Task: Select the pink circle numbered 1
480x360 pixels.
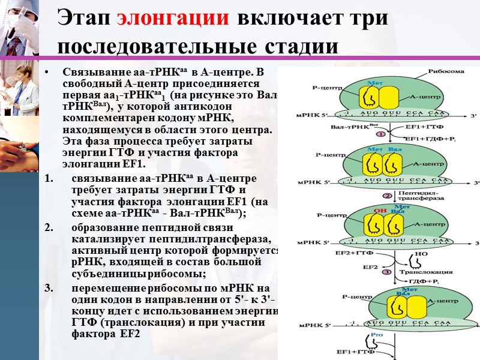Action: tap(388, 133)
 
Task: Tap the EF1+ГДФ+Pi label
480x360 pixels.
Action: tap(428, 139)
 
